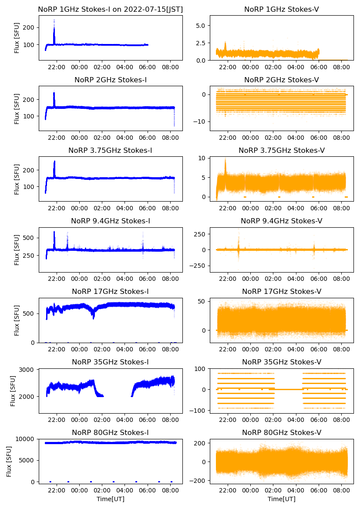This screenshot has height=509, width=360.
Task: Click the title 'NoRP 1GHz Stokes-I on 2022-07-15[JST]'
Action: (111, 9)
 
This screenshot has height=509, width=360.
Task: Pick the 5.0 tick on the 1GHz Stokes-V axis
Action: (200, 26)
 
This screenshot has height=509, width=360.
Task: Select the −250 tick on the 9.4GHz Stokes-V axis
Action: (197, 266)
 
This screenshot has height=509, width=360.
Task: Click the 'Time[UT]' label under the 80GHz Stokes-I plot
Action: (111, 499)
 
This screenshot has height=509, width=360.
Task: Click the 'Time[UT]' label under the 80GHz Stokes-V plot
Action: (281, 499)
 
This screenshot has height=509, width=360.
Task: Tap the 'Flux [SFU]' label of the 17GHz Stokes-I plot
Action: (17, 320)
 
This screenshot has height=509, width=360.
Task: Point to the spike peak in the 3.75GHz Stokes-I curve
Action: (54, 162)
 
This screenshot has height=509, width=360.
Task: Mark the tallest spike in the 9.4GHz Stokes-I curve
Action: (54, 232)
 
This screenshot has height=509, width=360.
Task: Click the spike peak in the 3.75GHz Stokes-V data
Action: (225, 160)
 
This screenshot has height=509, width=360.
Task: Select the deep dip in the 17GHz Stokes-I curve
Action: (93, 318)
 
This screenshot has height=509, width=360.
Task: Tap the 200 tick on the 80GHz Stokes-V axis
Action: (200, 443)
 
